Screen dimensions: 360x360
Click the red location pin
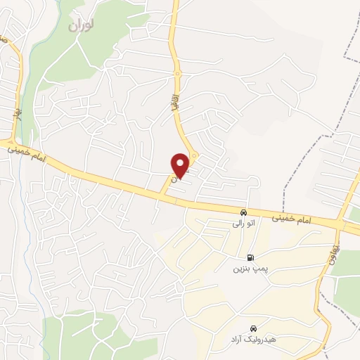(181, 165)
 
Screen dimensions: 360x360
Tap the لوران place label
(82, 25)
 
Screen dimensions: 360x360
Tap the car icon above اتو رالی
(243, 212)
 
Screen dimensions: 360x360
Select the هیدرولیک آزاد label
(252, 340)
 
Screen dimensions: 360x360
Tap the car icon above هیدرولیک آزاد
(253, 329)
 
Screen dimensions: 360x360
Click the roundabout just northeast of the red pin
(195, 155)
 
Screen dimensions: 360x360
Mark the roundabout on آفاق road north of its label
(178, 73)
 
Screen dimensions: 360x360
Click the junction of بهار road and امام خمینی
(15, 142)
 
